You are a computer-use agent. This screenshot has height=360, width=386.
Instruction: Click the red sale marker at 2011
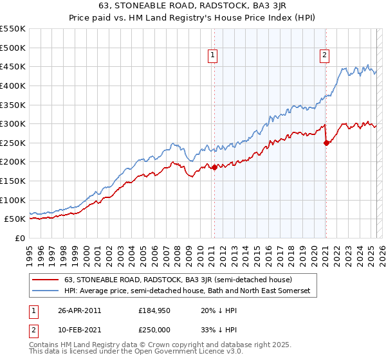tap(214, 168)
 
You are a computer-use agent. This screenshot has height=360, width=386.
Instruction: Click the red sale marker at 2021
tap(326, 143)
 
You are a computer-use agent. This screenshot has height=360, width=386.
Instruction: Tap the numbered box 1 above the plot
tap(213, 56)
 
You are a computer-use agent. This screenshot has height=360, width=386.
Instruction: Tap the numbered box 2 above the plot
tap(325, 56)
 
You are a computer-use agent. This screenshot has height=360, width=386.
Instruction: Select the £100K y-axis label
tap(14, 200)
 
